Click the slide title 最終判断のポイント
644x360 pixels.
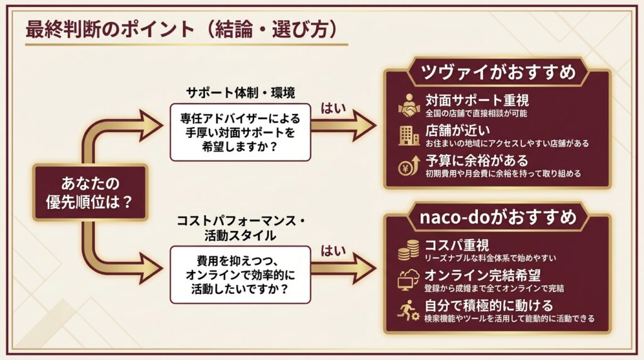110,30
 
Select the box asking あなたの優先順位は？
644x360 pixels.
90,193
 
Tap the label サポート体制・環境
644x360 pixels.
240,93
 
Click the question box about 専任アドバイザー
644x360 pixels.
240,132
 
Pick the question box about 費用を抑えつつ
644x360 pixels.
240,275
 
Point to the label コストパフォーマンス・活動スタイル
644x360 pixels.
241,228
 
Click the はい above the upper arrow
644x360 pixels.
333,109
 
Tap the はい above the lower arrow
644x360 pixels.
333,250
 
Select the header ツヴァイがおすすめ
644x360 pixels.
498,72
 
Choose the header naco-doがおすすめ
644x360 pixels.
498,217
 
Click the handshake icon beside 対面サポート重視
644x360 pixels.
409,106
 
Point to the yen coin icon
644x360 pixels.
409,166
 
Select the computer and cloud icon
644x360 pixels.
408,280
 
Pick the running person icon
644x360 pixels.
408,310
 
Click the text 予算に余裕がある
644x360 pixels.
477,160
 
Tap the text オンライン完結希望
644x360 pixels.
482,275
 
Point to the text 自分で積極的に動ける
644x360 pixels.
488,305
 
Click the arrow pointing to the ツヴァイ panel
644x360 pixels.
343,125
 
